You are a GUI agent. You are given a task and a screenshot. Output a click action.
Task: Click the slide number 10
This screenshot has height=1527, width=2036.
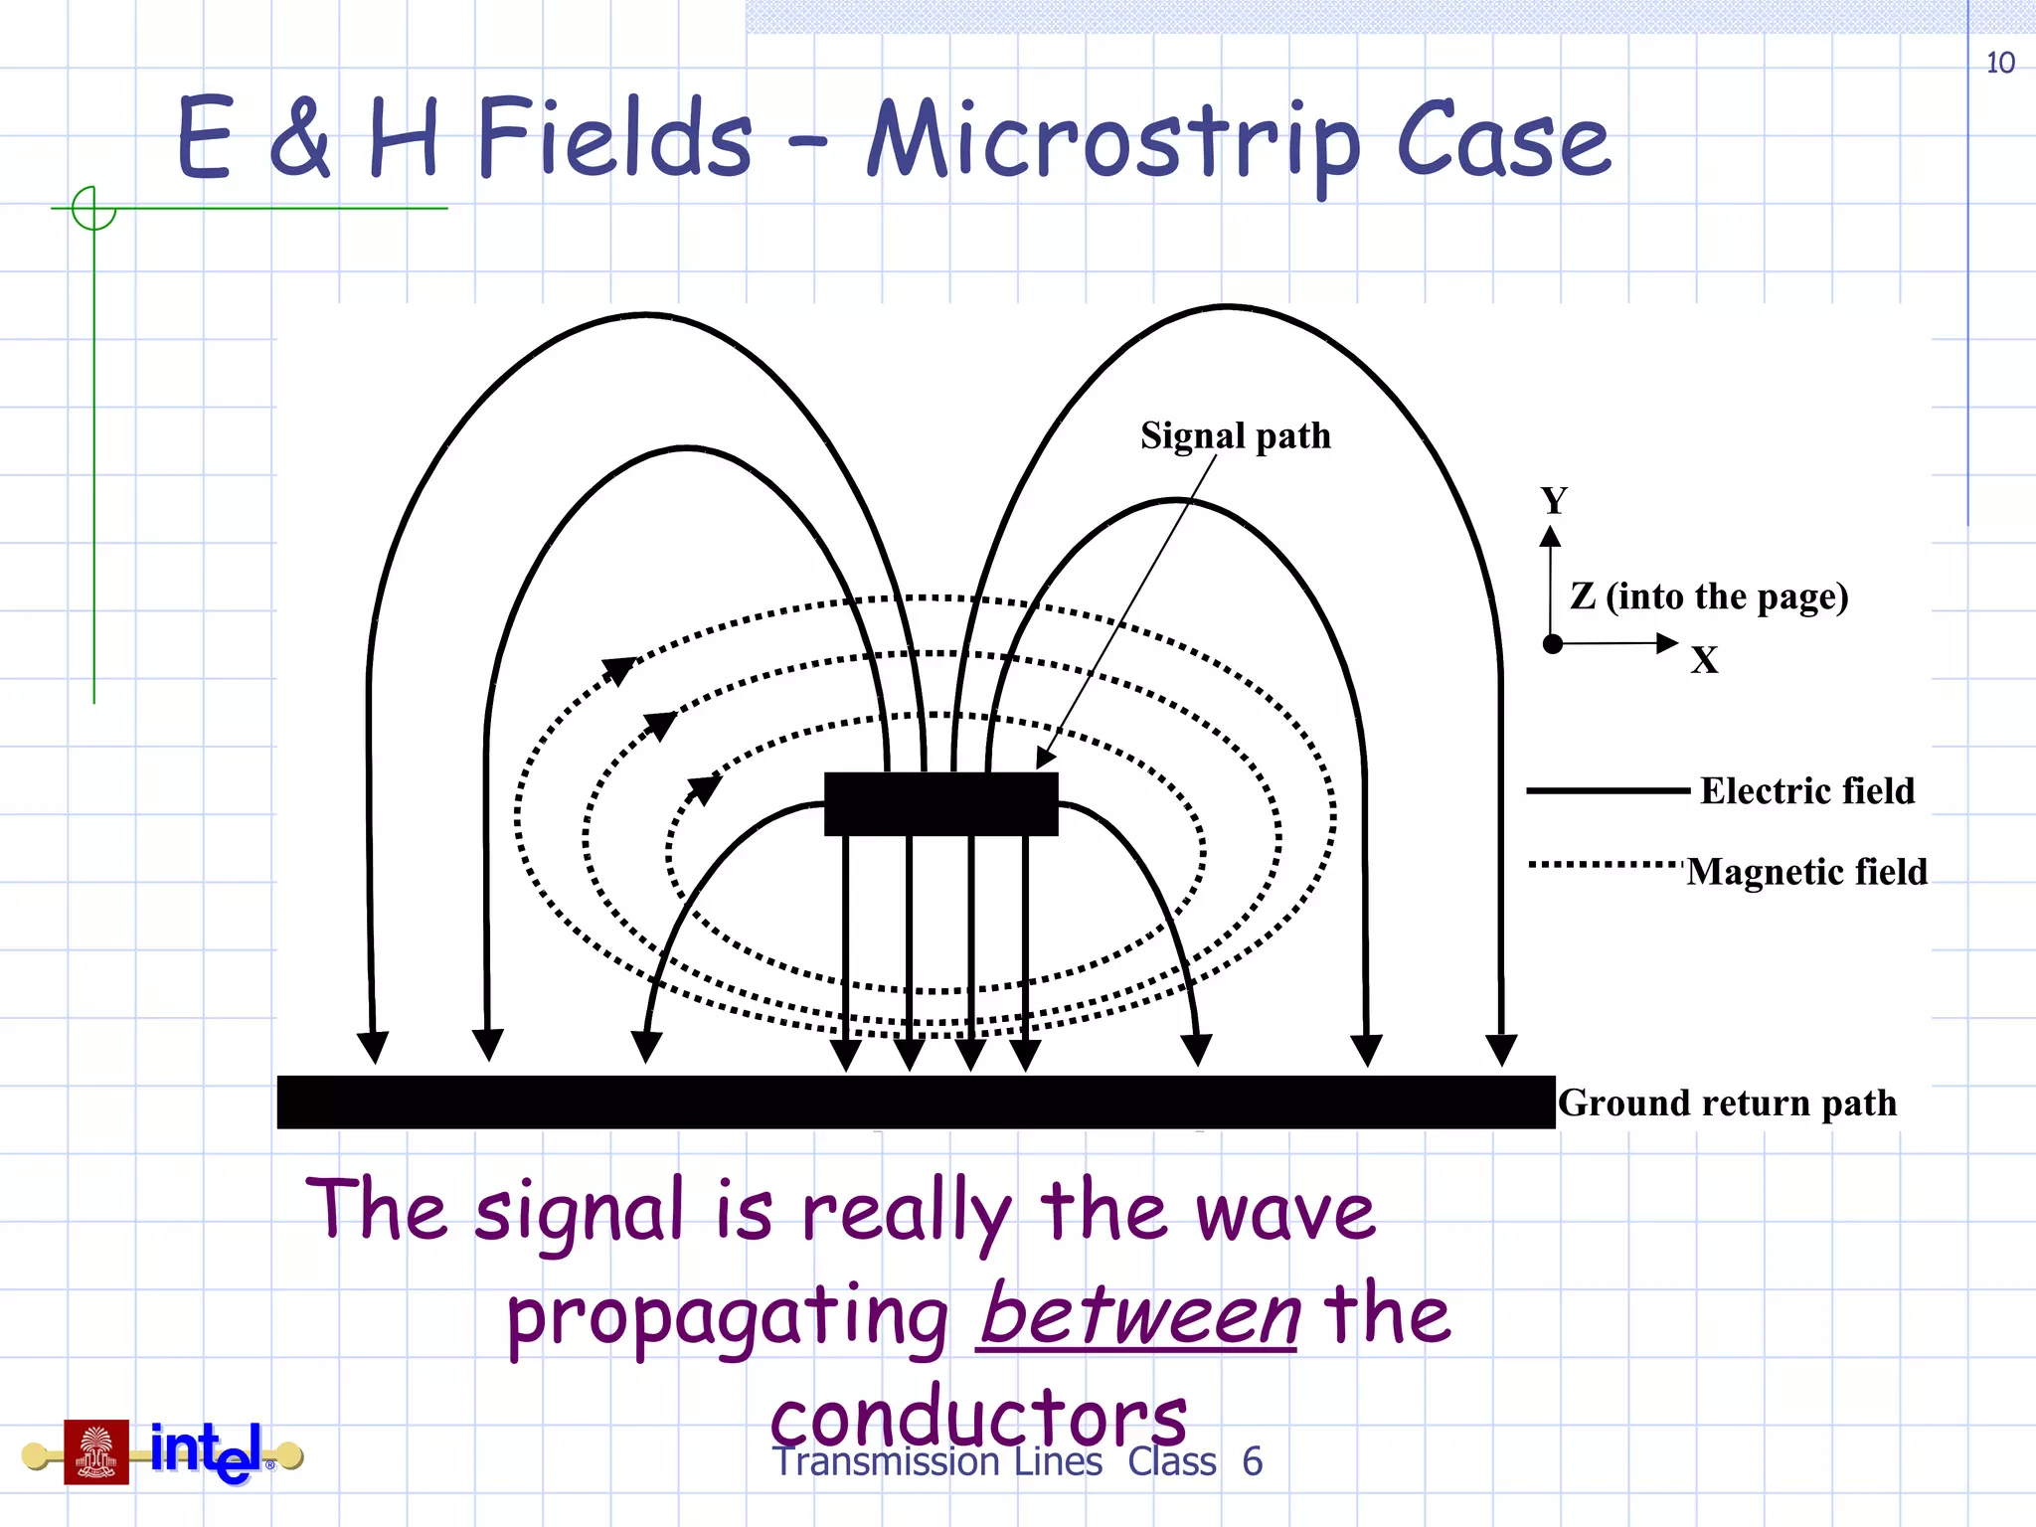click(1999, 64)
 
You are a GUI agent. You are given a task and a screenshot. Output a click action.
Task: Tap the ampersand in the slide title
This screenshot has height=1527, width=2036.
click(299, 139)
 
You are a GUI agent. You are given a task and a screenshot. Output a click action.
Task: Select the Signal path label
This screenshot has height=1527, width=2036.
click(1235, 436)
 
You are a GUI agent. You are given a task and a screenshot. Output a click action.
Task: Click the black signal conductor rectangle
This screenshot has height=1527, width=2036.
click(940, 804)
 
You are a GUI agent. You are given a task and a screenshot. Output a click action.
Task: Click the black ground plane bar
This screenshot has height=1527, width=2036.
click(915, 1102)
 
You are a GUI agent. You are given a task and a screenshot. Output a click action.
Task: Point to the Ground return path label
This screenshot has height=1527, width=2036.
click(1727, 1103)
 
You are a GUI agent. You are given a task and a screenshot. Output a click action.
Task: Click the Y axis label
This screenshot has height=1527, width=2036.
click(1553, 500)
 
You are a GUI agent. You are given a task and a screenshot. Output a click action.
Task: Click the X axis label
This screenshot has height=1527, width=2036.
click(1704, 660)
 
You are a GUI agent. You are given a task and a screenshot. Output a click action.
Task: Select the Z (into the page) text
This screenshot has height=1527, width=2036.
click(1709, 596)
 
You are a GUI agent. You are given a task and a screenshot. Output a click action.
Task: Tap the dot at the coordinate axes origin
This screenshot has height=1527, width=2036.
click(1552, 644)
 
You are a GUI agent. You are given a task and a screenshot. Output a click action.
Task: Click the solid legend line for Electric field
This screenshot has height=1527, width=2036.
click(1608, 791)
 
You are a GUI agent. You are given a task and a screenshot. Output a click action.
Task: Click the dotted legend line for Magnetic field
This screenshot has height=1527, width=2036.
click(1606, 865)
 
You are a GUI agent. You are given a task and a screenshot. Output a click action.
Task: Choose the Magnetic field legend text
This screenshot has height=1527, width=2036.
click(1806, 872)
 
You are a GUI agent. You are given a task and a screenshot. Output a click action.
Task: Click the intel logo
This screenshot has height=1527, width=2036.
click(207, 1451)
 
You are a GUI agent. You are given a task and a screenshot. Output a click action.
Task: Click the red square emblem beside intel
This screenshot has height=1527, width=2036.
click(96, 1451)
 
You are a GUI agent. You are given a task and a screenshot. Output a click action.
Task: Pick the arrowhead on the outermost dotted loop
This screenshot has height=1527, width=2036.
click(619, 670)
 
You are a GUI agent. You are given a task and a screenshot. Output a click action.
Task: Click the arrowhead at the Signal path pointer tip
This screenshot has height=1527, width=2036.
click(1045, 759)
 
